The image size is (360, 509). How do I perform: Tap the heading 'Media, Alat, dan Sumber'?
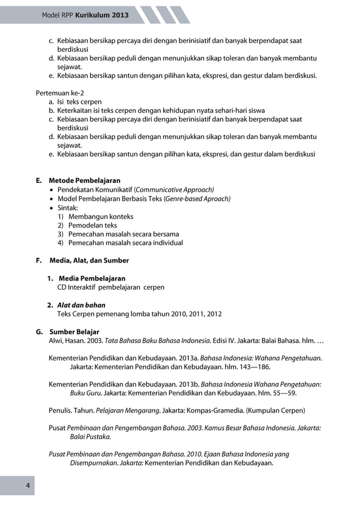pyautogui.click(x=89, y=260)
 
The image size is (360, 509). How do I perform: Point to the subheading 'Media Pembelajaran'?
pyautogui.click(x=92, y=278)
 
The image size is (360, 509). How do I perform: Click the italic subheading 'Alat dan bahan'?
pyautogui.click(x=81, y=305)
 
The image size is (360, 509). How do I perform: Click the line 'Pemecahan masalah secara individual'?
pyautogui.click(x=125, y=243)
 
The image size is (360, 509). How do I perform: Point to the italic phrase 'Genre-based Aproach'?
pyautogui.click(x=197, y=199)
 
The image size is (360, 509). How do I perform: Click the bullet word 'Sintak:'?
pyautogui.click(x=68, y=207)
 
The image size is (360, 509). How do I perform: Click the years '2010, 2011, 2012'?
pyautogui.click(x=194, y=314)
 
